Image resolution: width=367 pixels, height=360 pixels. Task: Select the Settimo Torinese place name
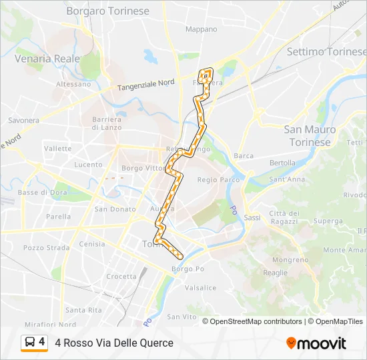(326, 51)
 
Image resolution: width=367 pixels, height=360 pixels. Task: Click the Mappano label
(202, 29)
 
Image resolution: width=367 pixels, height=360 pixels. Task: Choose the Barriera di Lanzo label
(106, 123)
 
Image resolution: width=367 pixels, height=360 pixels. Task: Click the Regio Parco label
(218, 180)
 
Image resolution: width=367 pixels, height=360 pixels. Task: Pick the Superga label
(328, 221)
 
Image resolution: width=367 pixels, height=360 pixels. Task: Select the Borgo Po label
(188, 269)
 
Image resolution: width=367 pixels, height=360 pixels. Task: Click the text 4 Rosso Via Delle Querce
(114, 343)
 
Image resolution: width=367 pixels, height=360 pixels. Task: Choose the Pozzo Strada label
(46, 247)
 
